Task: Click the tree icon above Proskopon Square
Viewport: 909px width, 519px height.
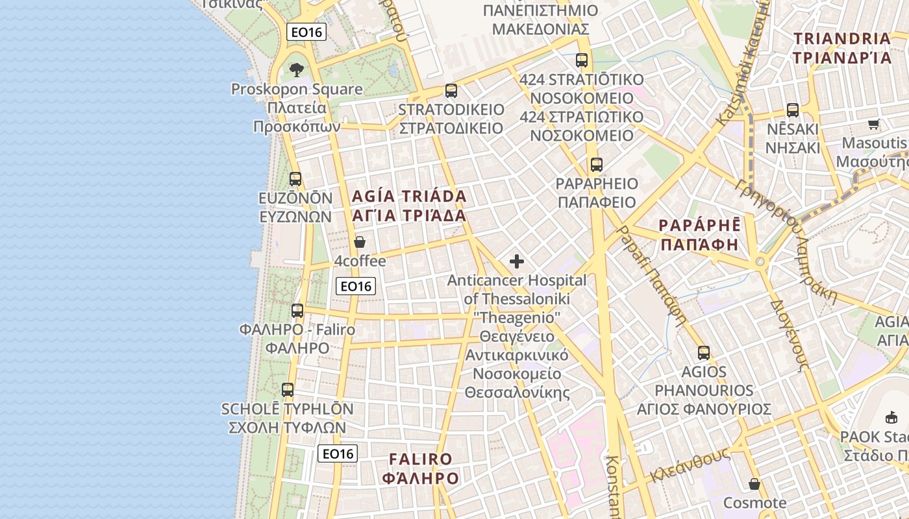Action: point(297,69)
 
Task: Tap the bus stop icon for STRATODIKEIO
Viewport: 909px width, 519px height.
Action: point(451,91)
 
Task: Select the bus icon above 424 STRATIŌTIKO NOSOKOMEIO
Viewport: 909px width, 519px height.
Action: point(582,60)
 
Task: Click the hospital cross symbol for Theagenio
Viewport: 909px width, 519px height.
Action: point(517,261)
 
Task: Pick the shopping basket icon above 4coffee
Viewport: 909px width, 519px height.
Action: point(360,243)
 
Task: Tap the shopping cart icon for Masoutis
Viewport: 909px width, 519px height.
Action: point(874,124)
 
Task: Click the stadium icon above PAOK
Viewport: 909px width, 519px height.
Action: point(891,417)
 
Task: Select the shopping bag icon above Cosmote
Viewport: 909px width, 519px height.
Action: point(754,484)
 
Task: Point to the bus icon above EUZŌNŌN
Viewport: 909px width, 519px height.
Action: point(295,179)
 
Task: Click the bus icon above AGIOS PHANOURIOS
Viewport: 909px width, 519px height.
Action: point(704,353)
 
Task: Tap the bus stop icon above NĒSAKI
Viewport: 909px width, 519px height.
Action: point(793,110)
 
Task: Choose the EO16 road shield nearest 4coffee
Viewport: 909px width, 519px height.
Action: point(356,286)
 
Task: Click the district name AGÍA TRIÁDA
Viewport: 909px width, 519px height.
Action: point(409,196)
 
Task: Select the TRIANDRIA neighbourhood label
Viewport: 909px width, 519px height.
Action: point(842,38)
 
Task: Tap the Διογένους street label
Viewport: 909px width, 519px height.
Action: point(789,335)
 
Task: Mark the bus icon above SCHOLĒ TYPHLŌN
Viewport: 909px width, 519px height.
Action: point(288,391)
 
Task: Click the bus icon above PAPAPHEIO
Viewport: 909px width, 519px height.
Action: point(597,165)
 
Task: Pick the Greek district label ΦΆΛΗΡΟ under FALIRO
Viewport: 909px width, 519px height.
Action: point(421,479)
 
